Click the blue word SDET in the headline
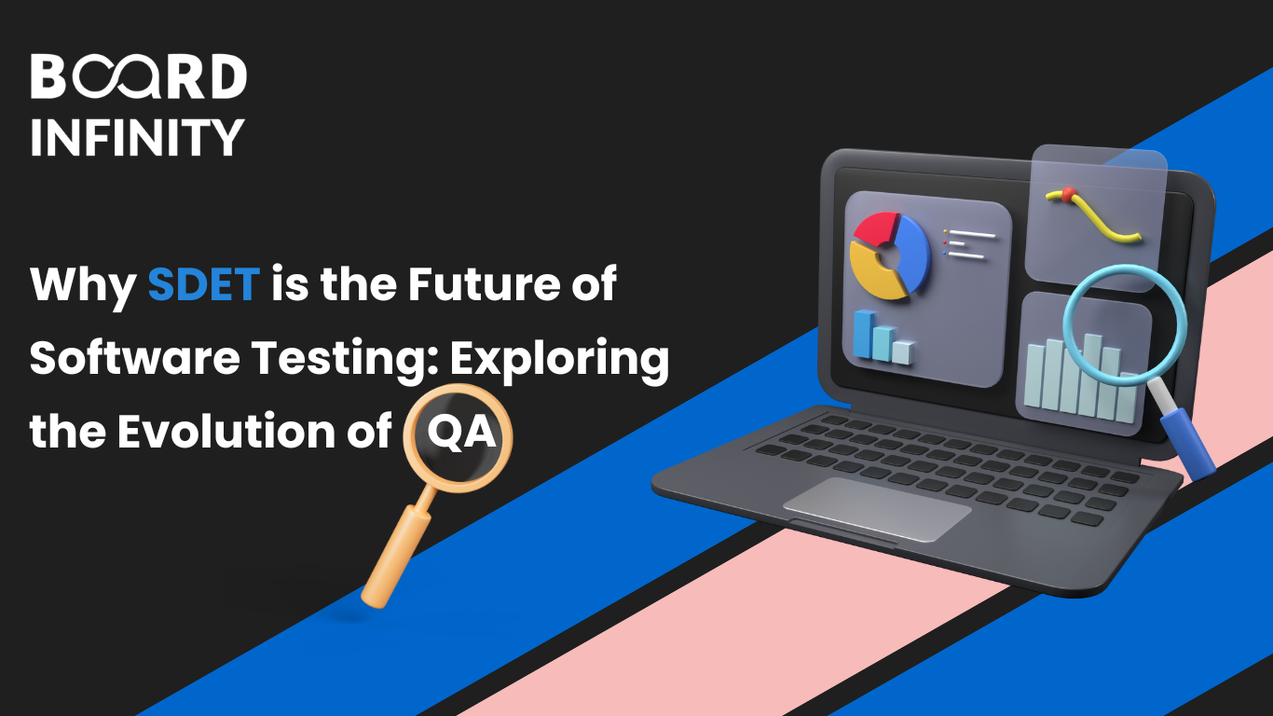[203, 283]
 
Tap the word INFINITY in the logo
[137, 137]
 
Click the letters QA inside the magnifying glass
[458, 434]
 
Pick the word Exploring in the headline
[560, 359]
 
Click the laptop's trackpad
[876, 509]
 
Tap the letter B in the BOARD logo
[48, 78]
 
